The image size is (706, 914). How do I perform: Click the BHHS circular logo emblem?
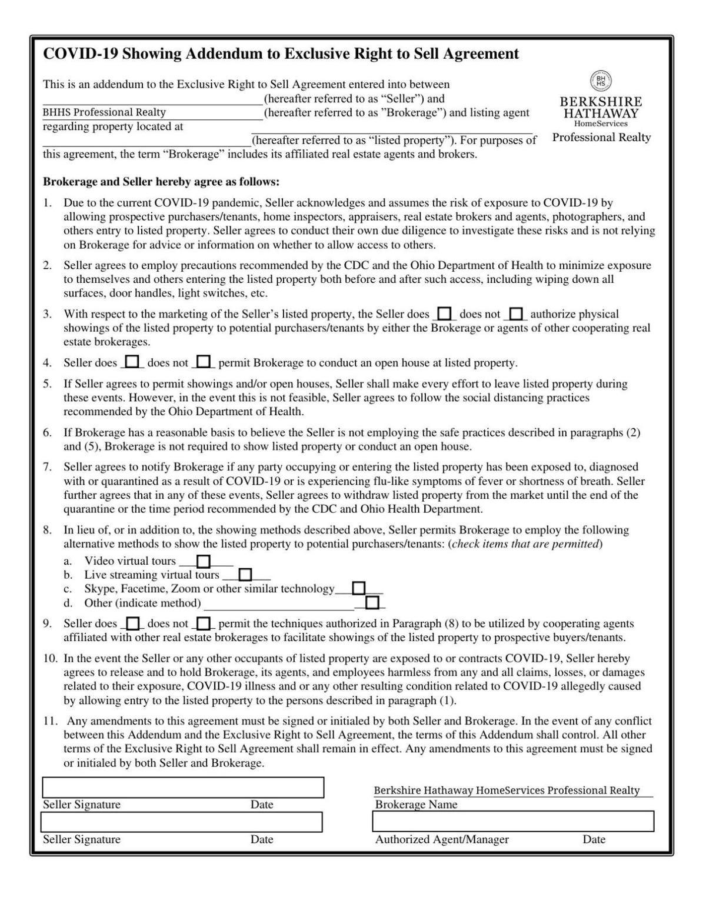click(601, 80)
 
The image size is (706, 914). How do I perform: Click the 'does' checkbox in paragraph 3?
click(445, 314)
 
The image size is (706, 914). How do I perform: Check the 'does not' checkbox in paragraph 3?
click(516, 314)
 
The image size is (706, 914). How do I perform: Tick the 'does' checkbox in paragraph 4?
click(133, 362)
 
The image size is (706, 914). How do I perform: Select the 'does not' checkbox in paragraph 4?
click(204, 362)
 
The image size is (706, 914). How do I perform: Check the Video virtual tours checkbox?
click(203, 561)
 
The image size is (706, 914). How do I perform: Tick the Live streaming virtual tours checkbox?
click(245, 575)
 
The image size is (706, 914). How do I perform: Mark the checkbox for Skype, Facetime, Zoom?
click(358, 588)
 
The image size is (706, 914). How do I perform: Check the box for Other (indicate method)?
click(371, 603)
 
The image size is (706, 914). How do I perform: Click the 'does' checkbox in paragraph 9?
click(133, 623)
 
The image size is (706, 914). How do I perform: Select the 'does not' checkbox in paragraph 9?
click(204, 623)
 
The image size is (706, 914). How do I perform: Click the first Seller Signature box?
click(182, 787)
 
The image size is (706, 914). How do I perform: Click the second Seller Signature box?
click(181, 822)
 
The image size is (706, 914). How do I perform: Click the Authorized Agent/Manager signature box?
click(512, 821)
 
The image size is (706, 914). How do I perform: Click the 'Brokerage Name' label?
click(416, 805)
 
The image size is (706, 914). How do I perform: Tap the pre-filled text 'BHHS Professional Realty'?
click(104, 112)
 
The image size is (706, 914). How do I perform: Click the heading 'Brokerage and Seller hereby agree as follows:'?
click(161, 182)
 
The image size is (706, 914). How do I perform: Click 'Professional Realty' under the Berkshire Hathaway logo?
click(601, 138)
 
